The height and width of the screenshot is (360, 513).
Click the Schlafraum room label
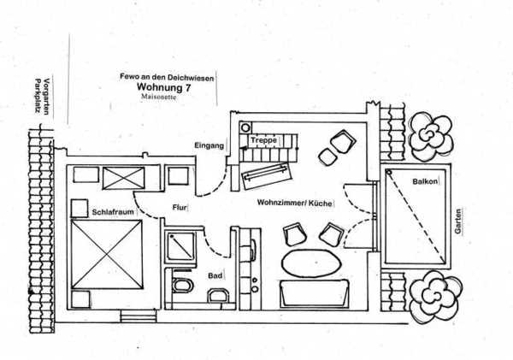(x=113, y=212)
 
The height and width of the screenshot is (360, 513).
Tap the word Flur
(x=180, y=208)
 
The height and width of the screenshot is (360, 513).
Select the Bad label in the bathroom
(x=215, y=276)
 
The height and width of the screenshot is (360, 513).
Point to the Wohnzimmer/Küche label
(x=294, y=203)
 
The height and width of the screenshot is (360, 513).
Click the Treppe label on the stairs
(x=263, y=141)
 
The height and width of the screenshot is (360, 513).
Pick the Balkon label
(x=425, y=181)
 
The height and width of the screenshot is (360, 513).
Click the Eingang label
(x=209, y=145)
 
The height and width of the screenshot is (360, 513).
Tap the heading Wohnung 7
(x=163, y=87)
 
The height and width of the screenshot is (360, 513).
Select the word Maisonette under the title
(x=159, y=97)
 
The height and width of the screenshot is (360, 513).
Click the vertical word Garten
(x=458, y=221)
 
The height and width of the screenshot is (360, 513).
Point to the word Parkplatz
(x=38, y=96)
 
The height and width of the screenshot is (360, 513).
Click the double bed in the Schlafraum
(x=107, y=254)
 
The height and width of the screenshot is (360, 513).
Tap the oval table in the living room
(x=311, y=263)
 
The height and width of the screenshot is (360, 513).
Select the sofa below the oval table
(x=314, y=293)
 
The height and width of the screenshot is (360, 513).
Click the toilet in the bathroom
(x=182, y=285)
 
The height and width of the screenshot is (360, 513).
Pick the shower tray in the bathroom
(x=180, y=247)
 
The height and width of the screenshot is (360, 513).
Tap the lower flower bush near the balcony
(x=435, y=297)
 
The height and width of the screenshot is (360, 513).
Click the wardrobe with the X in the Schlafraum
(x=124, y=178)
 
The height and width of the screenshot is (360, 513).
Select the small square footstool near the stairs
(x=327, y=157)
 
